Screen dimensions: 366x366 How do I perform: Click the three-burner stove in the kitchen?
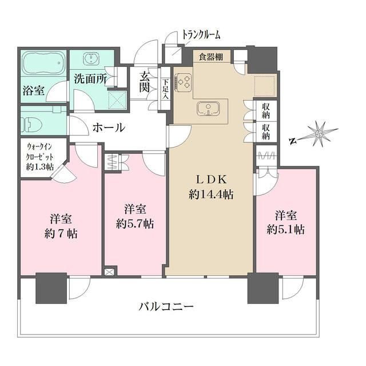[183, 82]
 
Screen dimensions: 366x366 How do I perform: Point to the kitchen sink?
[208, 109]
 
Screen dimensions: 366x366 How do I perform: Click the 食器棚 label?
[211, 57]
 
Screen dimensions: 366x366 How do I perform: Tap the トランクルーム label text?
[201, 35]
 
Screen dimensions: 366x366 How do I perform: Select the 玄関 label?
[145, 82]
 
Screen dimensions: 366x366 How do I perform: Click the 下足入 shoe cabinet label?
[165, 89]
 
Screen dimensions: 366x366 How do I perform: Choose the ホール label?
[109, 128]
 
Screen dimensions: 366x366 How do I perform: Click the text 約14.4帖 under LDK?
[212, 194]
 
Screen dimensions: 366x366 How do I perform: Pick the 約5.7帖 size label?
[135, 224]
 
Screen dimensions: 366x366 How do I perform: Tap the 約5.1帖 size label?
[286, 230]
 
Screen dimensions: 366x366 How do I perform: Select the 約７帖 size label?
[61, 233]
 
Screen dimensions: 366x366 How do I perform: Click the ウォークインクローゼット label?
[39, 157]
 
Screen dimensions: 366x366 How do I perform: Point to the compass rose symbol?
[319, 133]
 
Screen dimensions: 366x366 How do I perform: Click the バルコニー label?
[166, 307]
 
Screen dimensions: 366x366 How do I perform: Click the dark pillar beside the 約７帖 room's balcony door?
[51, 288]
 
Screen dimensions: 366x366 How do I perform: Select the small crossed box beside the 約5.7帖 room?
[110, 272]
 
